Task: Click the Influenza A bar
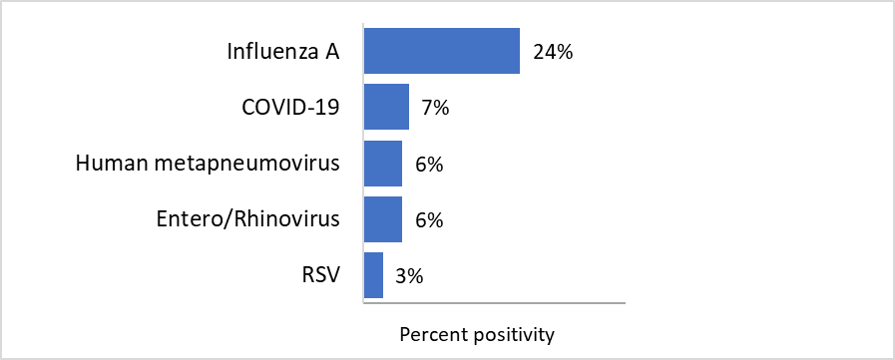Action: click(x=441, y=51)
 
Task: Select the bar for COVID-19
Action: click(x=386, y=107)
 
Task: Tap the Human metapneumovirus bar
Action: click(x=382, y=163)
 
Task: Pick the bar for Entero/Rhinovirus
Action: click(x=382, y=219)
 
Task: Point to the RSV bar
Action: click(x=373, y=275)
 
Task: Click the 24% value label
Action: click(x=552, y=52)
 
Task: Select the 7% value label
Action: click(x=435, y=108)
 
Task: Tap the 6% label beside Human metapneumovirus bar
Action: click(x=429, y=164)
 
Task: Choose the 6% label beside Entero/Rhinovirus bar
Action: click(x=429, y=220)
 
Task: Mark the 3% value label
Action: click(x=409, y=276)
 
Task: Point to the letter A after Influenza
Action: click(x=332, y=52)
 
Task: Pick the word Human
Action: click(x=107, y=164)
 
